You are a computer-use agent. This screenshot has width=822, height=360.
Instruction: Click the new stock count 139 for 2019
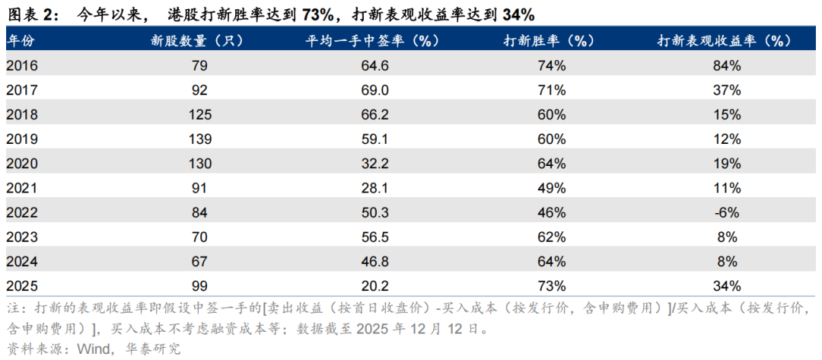[x=199, y=139]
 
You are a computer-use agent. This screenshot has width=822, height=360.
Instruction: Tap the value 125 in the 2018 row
[x=199, y=115]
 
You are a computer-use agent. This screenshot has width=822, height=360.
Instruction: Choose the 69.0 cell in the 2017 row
[x=374, y=91]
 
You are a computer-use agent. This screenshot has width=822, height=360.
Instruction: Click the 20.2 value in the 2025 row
[x=374, y=286]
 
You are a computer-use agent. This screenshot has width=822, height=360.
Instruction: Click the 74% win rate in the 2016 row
[x=550, y=66]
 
